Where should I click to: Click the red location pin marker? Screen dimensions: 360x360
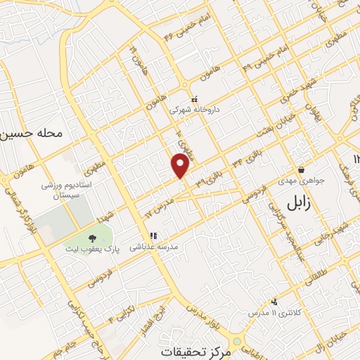tap(181, 166)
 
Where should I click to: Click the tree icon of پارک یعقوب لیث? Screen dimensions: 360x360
tap(93, 237)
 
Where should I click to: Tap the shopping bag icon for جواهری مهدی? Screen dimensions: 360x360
tap(301, 169)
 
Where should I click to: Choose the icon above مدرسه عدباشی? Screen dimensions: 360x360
tap(153, 236)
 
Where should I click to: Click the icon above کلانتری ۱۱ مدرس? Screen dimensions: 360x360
tap(274, 300)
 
